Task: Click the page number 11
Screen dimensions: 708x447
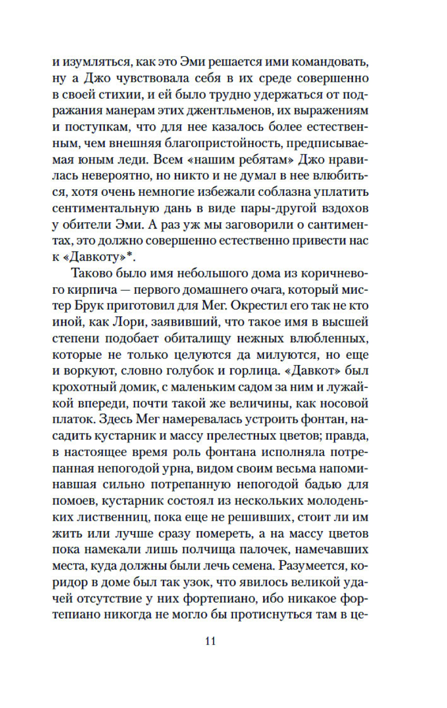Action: click(211, 641)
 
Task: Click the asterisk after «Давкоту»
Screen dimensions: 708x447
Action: click(131, 256)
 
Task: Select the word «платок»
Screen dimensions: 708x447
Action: click(71, 420)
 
